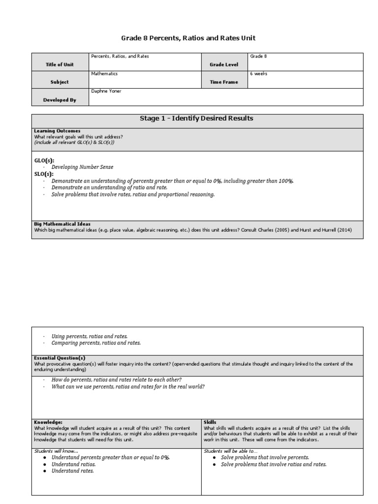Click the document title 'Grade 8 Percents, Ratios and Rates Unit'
pos(189,38)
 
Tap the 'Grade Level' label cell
pos(224,64)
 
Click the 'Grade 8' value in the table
pos(258,57)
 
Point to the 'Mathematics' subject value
pos(104,74)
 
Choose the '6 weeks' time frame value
pos(259,74)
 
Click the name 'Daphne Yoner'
pos(107,91)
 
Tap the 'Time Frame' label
pos(223,82)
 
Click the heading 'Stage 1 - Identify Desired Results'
pos(197,119)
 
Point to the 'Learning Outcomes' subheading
pos(57,131)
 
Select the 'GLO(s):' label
pos(44,161)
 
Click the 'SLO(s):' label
pos(43,174)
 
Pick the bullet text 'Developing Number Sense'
pos(82,167)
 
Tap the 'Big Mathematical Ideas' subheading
pos(62,224)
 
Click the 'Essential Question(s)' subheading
pos(60,357)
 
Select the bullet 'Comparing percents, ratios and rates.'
pos(96,343)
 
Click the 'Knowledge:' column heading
pos(48,422)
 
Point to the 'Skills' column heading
pos(210,422)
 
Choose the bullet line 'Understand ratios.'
pos(73,464)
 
